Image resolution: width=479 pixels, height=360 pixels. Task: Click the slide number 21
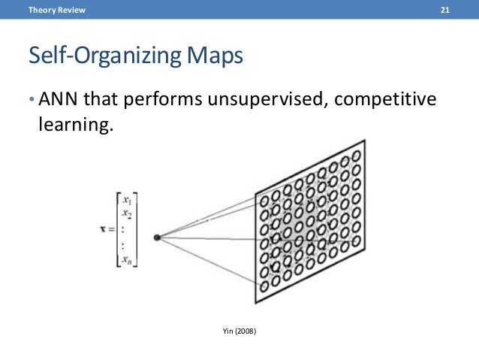[444, 10]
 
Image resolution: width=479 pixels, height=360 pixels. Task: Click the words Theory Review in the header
[57, 10]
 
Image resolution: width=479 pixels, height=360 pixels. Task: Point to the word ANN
[55, 100]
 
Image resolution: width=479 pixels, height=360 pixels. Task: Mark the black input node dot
[157, 237]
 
